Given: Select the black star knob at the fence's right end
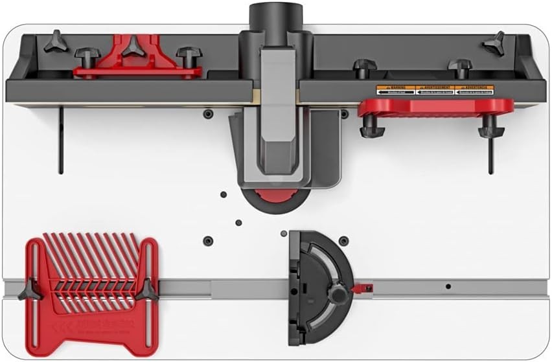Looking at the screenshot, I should point(494,42).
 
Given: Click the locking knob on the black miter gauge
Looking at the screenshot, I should point(336,295).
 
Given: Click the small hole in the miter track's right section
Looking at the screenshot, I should point(447,286).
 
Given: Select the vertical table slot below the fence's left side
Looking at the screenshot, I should point(60,139).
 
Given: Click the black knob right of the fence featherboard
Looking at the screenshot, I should point(189,56).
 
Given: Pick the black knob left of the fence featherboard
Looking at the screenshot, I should point(86,56).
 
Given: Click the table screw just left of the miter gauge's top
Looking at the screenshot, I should point(283,233).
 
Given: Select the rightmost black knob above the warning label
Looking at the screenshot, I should point(460,66).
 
